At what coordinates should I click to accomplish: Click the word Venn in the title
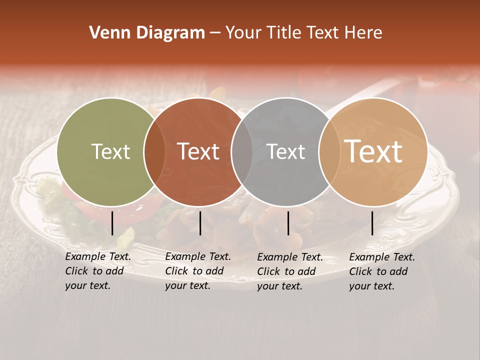pos(106,33)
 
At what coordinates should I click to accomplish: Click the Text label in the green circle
pos(110,152)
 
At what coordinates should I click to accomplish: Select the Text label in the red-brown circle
pos(198,152)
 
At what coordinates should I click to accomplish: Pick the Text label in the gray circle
pos(285,152)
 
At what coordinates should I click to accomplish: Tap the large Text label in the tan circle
pos(373,151)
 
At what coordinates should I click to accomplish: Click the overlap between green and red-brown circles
pos(154,152)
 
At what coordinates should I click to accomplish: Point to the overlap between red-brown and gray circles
pos(242,152)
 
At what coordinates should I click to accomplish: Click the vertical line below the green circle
pos(112,223)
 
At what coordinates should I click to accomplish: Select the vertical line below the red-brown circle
pos(200,223)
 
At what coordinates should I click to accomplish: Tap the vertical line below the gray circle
pos(288,223)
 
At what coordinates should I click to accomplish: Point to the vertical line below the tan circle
pos(372,223)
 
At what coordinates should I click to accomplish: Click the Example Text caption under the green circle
pos(97,271)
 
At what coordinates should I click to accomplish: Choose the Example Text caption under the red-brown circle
pos(197,271)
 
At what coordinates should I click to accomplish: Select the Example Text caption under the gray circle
pos(289,271)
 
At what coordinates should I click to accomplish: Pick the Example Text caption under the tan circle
pos(381,271)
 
